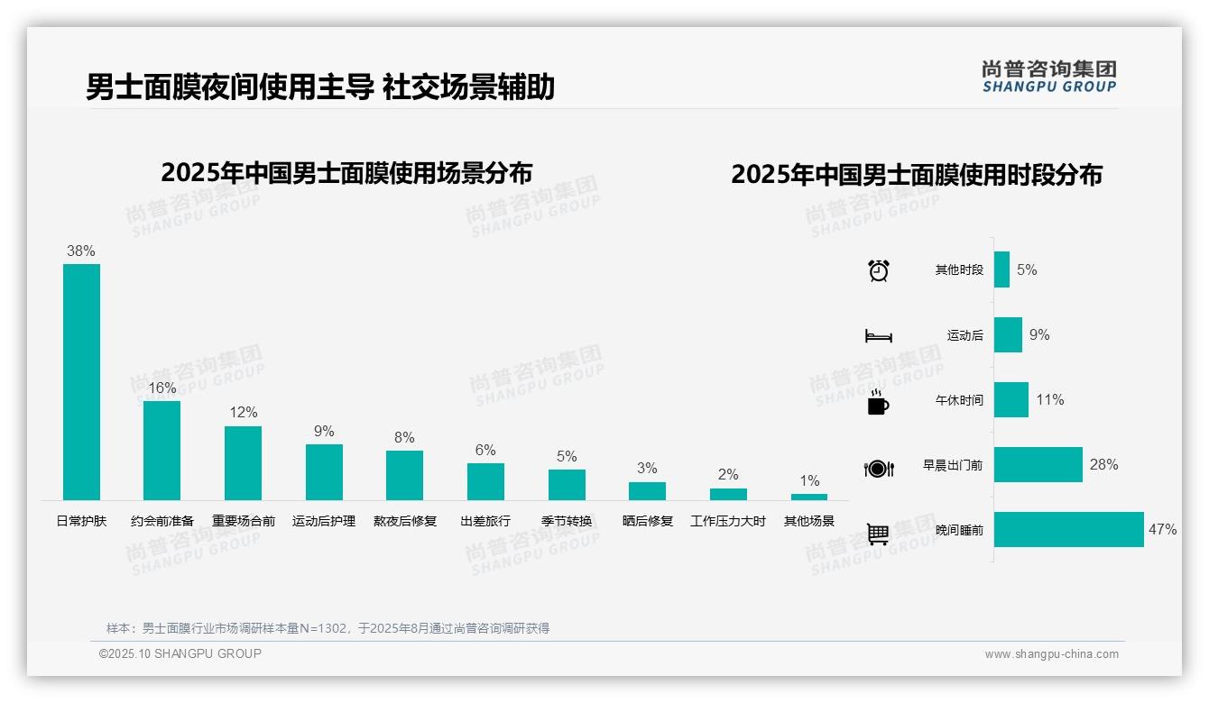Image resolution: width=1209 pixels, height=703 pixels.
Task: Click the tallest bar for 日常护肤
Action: point(81,381)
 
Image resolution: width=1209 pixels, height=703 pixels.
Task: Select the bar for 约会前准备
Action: point(162,450)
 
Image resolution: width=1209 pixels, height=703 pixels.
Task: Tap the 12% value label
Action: point(243,413)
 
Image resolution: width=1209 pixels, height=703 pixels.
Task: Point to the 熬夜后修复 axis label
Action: point(405,521)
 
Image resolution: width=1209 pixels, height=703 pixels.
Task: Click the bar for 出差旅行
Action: point(485,481)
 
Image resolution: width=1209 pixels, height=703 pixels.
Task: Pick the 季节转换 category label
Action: point(567,521)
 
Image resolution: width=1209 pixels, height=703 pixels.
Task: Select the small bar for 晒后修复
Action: point(647,491)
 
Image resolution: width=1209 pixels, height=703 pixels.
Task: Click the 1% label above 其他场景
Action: point(809,481)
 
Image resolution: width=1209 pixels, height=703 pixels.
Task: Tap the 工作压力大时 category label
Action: point(728,521)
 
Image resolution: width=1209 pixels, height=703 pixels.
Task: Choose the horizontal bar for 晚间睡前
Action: point(1068,530)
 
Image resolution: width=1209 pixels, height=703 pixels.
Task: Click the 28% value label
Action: point(1103,465)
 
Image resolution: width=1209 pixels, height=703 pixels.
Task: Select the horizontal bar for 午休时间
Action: point(1011,400)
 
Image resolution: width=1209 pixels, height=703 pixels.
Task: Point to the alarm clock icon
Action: point(879,270)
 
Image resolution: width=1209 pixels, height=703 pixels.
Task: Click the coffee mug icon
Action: point(878,403)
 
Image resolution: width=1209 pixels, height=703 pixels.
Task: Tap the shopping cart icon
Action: point(878,534)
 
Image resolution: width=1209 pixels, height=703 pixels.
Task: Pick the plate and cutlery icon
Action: point(879,469)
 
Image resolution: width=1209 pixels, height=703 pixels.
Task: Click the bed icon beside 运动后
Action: point(879,336)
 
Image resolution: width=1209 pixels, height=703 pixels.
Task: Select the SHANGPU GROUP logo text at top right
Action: point(1048,87)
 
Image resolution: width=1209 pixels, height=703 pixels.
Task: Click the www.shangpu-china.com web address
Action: point(1051,654)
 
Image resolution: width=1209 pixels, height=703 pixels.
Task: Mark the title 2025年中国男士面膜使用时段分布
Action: point(917,175)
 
